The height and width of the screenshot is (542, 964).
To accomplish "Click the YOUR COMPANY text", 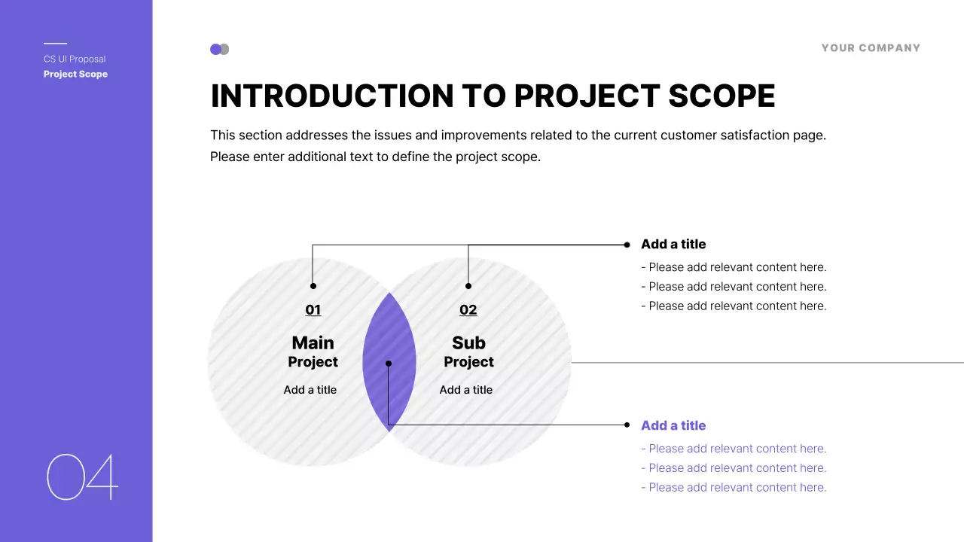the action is point(871,47).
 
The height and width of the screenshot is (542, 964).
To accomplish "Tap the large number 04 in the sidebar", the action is point(82,477).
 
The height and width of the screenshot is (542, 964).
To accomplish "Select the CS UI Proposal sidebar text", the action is point(75,59).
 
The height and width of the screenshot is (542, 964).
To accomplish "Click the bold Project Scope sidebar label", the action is point(75,74).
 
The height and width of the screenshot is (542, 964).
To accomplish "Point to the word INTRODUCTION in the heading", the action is point(332,96).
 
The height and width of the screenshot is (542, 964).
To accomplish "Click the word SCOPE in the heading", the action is point(721,96).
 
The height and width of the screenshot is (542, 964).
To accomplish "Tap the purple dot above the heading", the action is point(215,50).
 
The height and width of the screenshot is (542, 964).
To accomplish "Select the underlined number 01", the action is point(313,309).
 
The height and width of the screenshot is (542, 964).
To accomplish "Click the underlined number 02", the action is point(468,309).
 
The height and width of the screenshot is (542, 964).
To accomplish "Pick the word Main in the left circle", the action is point(313,343).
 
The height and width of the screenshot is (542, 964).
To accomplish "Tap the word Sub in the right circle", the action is point(468,343).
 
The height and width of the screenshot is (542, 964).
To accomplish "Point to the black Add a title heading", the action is point(673,244).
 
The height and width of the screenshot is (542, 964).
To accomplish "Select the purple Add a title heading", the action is point(673,425).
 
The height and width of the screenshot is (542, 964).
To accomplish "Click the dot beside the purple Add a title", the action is point(627,425).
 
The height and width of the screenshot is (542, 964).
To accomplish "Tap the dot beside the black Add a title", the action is point(627,245).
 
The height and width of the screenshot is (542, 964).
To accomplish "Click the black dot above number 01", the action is point(313,286).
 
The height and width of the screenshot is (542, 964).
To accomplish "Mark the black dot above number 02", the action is point(468,286).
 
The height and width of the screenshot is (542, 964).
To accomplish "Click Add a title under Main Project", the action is point(310,390).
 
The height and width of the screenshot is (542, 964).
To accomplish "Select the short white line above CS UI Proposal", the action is point(55,43).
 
